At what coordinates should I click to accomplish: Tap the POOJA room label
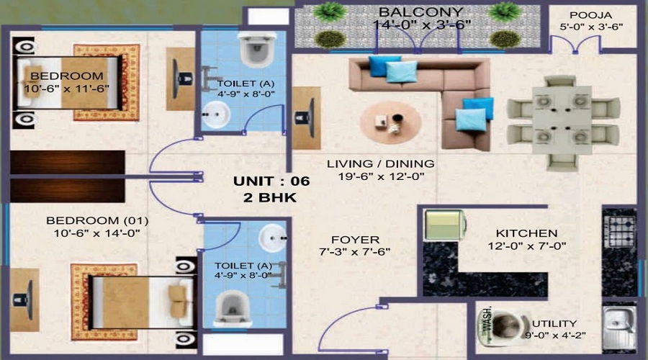590,15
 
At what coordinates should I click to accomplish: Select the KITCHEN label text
526,233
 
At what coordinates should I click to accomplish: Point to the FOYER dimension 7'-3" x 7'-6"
357,252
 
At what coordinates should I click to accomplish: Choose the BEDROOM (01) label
92,220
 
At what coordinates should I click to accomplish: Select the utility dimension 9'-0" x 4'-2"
556,336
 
